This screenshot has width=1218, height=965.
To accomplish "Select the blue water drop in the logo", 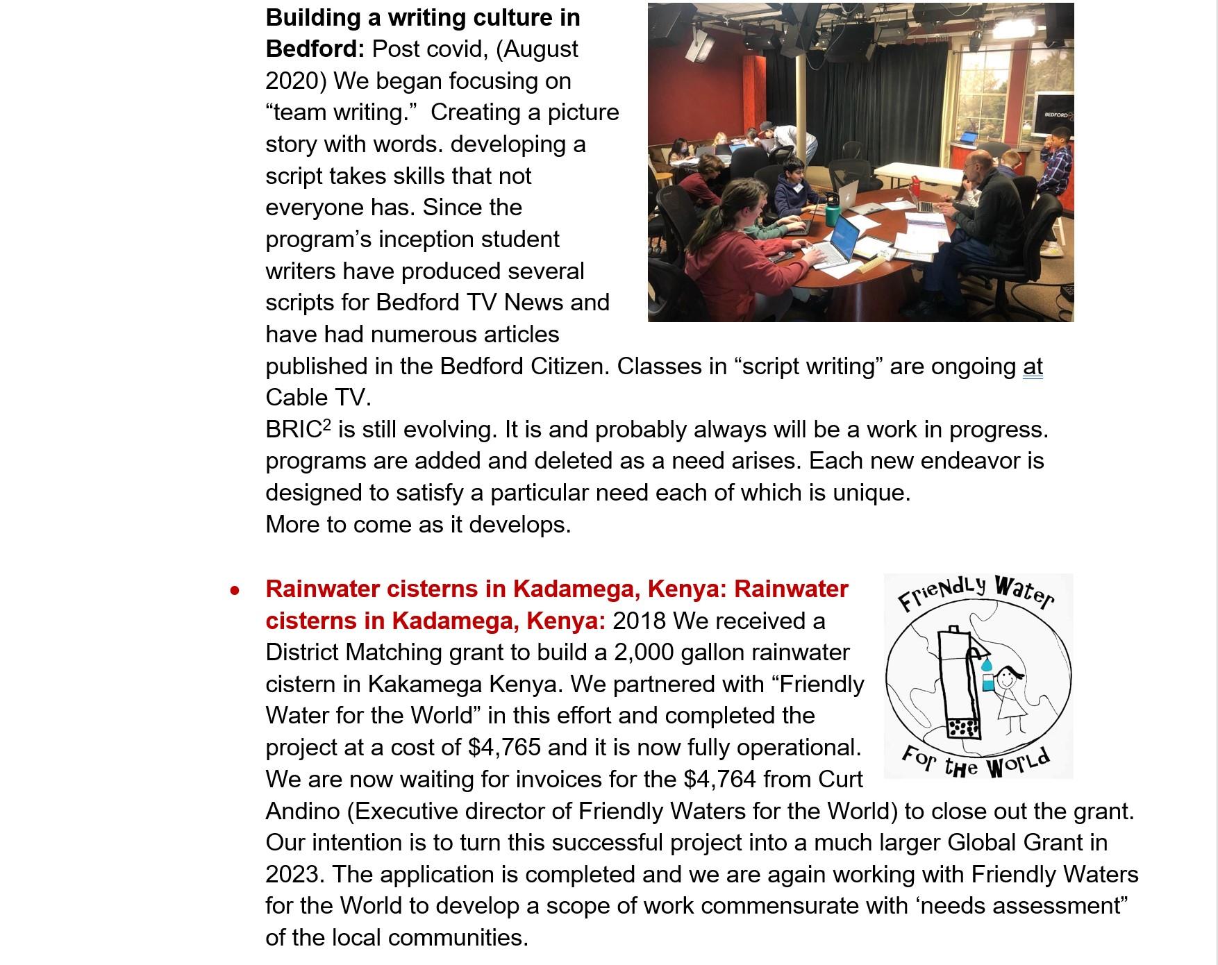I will click(986, 666).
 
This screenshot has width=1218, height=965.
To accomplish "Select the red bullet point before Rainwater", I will click(235, 591).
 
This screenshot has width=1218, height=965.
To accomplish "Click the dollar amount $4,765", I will click(504, 748).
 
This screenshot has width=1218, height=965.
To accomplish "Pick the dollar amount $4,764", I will click(719, 780).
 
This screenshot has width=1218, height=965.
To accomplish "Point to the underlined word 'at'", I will click(1033, 367).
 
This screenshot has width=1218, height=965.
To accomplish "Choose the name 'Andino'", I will click(303, 811).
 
